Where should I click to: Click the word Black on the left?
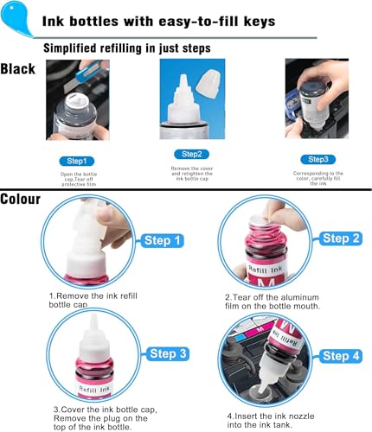[x=18, y=68]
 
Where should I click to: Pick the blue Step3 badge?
[x=316, y=159]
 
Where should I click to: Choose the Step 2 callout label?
[x=339, y=238]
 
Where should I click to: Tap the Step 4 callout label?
[x=340, y=355]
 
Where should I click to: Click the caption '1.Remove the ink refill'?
[x=94, y=296]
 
